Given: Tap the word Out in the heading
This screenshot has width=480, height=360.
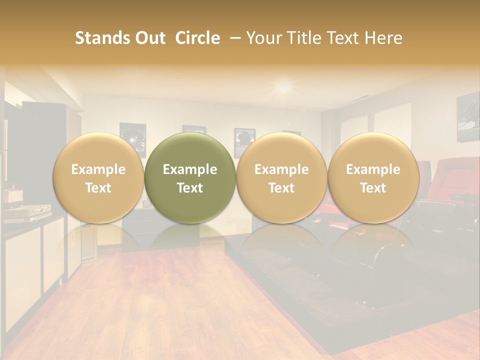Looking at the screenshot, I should point(148,38).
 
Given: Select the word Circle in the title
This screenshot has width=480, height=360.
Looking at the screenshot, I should point(197,38).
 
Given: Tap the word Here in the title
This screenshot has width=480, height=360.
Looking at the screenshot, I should point(383,38).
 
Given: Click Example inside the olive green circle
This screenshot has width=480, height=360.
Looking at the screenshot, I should point(190,169).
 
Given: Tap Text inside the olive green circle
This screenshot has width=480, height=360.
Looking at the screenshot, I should point(190,188).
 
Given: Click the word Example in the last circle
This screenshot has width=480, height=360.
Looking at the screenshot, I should point(373,169).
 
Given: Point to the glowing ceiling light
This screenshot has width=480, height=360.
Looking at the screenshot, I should point(283,86).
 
